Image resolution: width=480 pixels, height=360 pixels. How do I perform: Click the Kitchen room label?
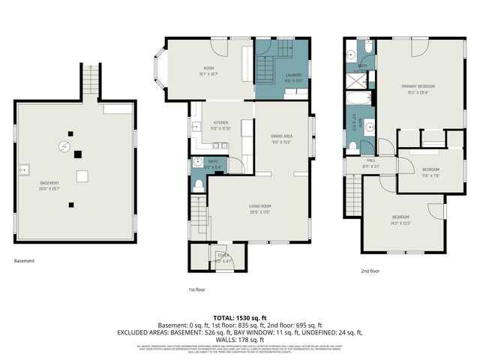coord(220,122)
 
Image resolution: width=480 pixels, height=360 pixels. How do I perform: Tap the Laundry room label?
coord(293,75)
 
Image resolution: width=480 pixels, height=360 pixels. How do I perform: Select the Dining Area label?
coord(281,136)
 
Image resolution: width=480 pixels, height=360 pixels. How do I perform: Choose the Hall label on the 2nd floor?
coord(370,160)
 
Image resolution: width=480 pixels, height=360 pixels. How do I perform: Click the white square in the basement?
coord(84,176)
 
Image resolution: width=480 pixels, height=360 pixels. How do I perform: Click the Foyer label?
coord(222,256)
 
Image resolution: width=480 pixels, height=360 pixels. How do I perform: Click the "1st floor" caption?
coord(196,289)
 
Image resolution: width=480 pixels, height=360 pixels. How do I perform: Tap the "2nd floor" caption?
coord(370,271)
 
